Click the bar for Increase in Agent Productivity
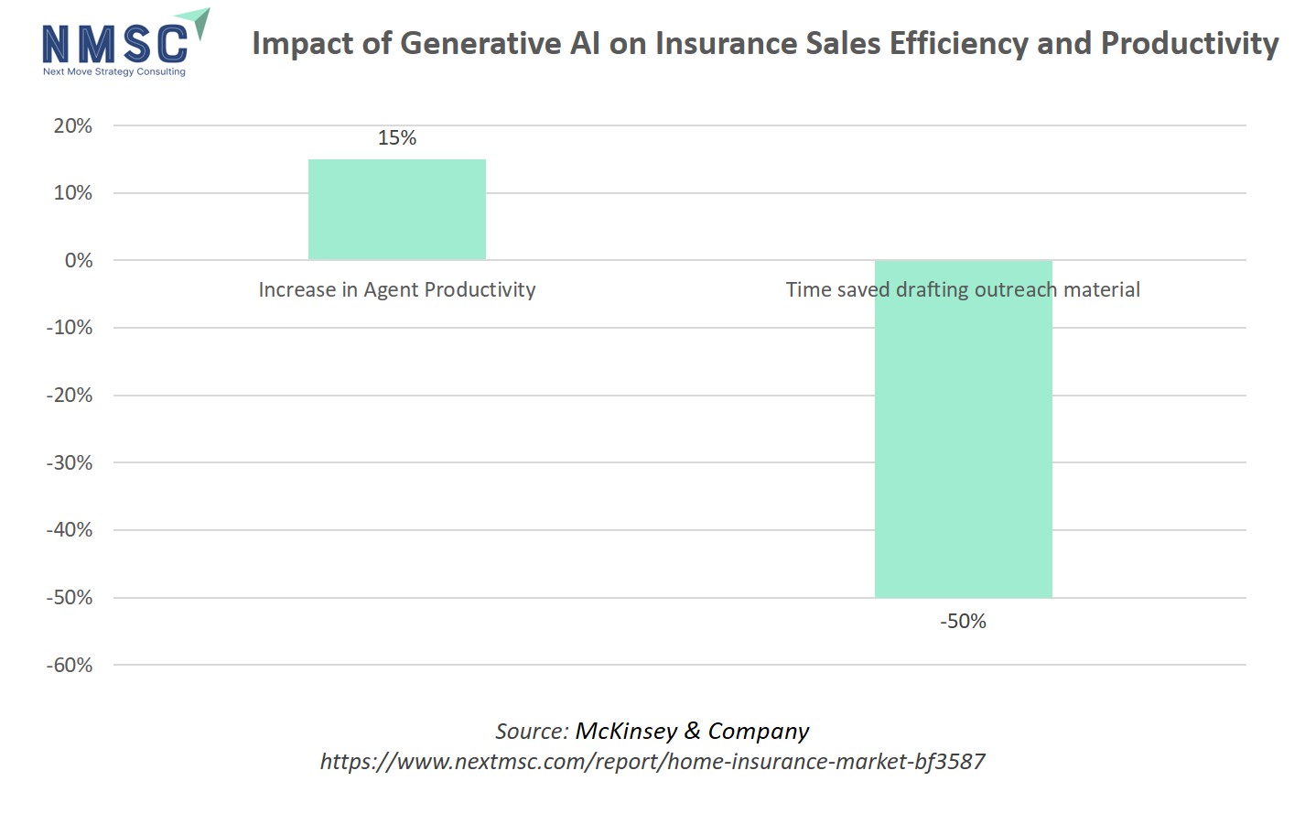pos(396,210)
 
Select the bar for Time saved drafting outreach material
pos(963,440)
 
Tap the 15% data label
pos(397,138)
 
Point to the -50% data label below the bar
pos(963,622)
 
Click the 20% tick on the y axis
pos(73,126)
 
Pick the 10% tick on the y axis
pos(73,193)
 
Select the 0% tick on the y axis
pos(79,261)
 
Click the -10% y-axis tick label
pos(70,328)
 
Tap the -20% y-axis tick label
pos(70,396)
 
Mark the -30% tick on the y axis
pos(70,463)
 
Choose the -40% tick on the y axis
pos(70,530)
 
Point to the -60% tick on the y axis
pos(70,666)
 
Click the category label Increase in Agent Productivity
pos(396,290)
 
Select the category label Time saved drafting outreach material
pos(963,290)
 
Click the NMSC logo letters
pos(114,44)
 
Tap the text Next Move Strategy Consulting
pos(114,71)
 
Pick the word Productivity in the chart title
pos(1189,44)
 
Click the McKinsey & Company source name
pos(692,732)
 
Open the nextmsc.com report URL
pos(652,762)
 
